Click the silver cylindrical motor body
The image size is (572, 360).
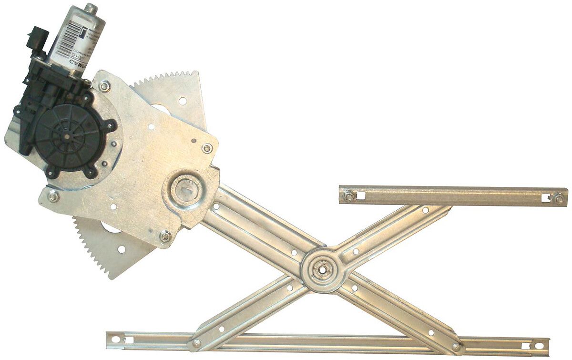pos(76,38)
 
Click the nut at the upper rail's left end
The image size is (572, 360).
pos(348,195)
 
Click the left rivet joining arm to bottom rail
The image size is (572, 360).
pos(196,343)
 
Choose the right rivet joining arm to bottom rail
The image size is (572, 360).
pos(456,347)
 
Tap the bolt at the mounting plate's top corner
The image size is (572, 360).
pos(104,86)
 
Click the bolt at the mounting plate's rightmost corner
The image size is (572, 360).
pos(207,148)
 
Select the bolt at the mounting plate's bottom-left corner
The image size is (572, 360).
pos(53,196)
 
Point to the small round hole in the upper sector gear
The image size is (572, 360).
pos(182,101)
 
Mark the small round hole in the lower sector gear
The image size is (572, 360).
pos(122,249)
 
